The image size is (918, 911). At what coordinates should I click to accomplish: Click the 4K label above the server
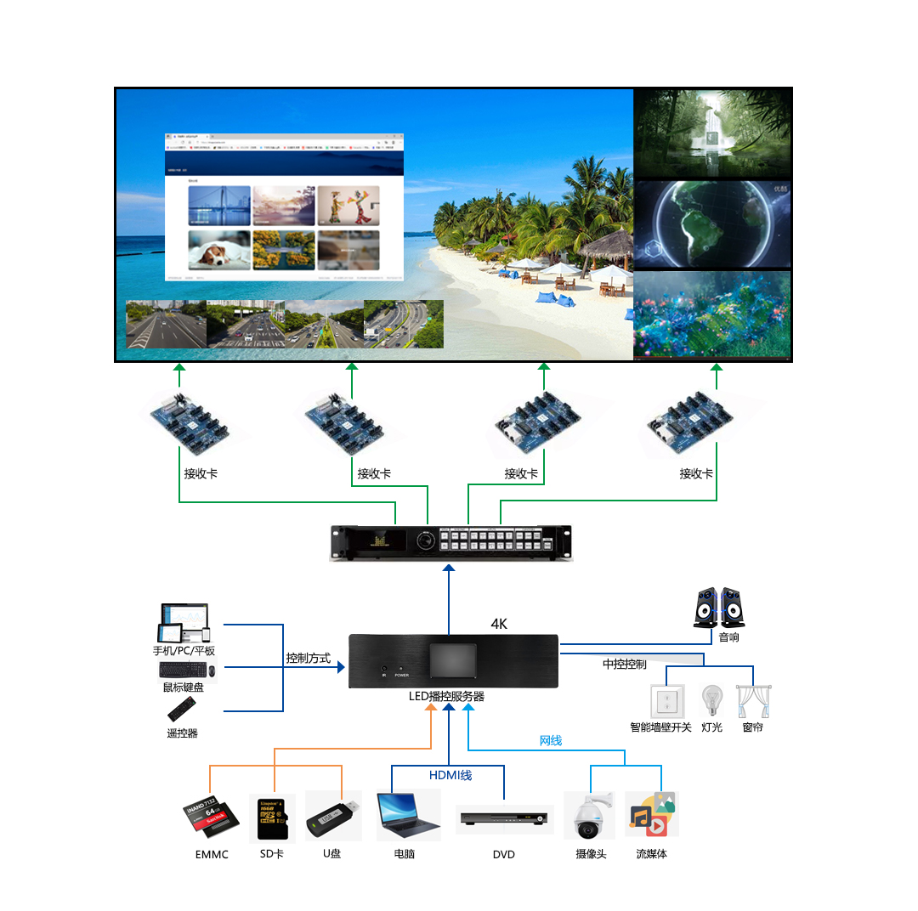[x=499, y=624]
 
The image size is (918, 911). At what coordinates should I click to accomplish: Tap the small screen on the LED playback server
[x=452, y=662]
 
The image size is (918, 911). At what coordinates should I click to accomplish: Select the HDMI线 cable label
[x=450, y=775]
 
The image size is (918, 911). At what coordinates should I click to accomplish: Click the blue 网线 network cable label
[x=551, y=741]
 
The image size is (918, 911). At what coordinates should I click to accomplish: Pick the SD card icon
[x=272, y=818]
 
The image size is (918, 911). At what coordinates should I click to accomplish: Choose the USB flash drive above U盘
[x=332, y=818]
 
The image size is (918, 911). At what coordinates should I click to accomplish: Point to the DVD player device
[x=503, y=818]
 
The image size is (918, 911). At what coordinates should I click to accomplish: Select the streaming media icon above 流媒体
[x=652, y=816]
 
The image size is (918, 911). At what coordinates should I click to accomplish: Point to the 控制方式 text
[x=308, y=659]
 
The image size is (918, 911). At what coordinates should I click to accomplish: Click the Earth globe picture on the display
[x=711, y=224]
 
